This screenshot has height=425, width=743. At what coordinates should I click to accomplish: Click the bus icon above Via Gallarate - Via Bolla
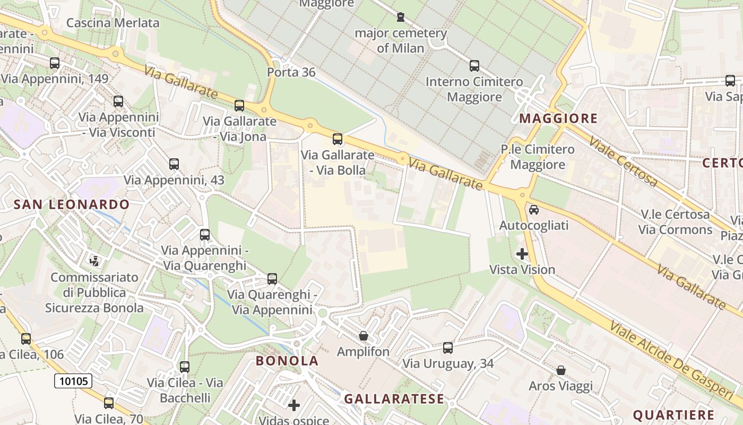337,139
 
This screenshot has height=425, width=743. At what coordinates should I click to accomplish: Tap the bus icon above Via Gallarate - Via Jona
239,105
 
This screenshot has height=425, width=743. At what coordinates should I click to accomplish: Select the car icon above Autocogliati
534,209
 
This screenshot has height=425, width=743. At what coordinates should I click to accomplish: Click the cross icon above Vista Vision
522,254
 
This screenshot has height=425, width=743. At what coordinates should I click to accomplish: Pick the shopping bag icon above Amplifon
364,336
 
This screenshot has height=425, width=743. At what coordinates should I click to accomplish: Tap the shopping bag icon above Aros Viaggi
561,370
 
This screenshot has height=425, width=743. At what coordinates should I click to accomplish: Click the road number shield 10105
73,380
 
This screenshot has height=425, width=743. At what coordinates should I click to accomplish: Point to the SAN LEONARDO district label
72,205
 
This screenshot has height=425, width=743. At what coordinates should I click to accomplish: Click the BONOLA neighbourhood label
287,361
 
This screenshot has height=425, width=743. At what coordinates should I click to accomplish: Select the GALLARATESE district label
394,399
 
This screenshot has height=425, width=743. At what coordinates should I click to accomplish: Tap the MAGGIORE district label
558,118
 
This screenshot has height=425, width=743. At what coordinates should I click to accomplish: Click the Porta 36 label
291,72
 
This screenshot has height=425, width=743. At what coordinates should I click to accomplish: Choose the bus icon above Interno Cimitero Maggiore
474,66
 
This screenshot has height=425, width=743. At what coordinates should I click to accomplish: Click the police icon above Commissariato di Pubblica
94,261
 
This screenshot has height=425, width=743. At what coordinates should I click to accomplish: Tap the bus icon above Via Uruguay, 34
448,348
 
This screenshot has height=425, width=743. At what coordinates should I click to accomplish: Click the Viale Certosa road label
624,163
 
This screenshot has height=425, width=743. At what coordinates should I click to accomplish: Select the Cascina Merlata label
113,23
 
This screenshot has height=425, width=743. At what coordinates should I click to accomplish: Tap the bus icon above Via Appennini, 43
174,164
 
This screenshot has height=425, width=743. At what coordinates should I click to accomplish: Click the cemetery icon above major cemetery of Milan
401,17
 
